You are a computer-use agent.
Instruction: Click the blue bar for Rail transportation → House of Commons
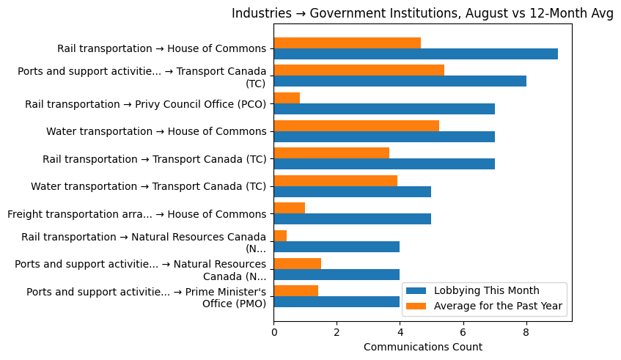(415, 54)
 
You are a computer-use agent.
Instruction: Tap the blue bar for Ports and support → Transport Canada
(400, 81)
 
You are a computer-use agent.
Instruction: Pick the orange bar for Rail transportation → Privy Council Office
(287, 98)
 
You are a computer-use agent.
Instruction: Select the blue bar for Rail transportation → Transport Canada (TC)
(383, 164)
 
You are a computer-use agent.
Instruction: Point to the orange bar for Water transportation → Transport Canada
(335, 180)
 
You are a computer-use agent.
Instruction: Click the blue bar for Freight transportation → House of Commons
(352, 219)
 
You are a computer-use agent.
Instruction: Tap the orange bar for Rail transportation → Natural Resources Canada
(280, 235)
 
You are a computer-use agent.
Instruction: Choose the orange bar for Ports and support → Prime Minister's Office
(295, 291)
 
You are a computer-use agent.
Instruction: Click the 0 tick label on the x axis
(273, 332)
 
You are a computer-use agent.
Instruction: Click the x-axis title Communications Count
(422, 347)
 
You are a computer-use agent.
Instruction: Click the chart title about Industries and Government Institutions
(422, 14)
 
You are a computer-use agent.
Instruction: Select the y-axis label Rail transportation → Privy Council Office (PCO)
(145, 104)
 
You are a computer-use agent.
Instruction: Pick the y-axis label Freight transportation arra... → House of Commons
(136, 214)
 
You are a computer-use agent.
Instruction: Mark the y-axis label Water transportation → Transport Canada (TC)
(148, 186)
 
